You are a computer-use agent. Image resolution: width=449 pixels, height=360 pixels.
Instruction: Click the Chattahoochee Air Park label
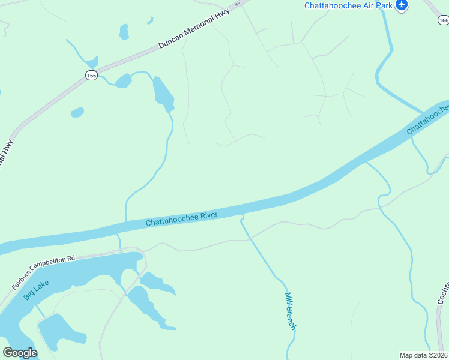(x=348, y=5)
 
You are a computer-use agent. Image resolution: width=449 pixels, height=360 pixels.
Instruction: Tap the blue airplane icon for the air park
(x=402, y=5)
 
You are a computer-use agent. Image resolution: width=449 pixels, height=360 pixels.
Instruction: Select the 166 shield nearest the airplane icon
(x=443, y=20)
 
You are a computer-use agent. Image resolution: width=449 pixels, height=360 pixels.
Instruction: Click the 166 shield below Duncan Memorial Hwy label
(x=91, y=75)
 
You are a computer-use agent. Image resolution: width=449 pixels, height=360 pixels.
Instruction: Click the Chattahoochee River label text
(x=181, y=218)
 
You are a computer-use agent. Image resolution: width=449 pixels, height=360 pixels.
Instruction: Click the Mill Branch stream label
(x=290, y=310)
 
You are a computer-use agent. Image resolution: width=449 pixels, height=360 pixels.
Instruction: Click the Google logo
(x=20, y=353)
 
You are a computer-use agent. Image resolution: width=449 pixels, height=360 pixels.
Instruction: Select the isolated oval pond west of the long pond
(x=77, y=112)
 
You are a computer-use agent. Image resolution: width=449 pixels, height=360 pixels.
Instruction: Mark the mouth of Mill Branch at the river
(x=241, y=215)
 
